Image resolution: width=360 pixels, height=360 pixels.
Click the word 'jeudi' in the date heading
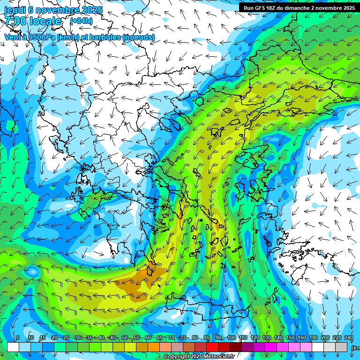(15, 9)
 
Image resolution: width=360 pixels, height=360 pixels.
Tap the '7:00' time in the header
(15, 21)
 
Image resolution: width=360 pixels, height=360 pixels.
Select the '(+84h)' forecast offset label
(81, 21)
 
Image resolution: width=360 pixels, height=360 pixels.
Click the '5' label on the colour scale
(18, 338)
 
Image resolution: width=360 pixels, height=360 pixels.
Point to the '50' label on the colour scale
(124, 338)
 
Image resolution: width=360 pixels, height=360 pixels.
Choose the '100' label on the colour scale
(232, 338)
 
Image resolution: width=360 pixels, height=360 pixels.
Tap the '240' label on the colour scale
(349, 338)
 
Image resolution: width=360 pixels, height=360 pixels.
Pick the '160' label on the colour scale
(302, 338)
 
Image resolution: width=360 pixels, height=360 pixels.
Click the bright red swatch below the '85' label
(212, 347)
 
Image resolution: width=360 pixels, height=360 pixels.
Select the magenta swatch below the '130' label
(272, 347)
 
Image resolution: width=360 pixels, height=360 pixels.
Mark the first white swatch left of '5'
(13, 347)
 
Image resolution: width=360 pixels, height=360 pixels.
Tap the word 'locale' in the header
(45, 21)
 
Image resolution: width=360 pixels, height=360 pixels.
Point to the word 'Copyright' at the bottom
(178, 357)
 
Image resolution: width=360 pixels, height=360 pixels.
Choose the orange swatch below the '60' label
(153, 347)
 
